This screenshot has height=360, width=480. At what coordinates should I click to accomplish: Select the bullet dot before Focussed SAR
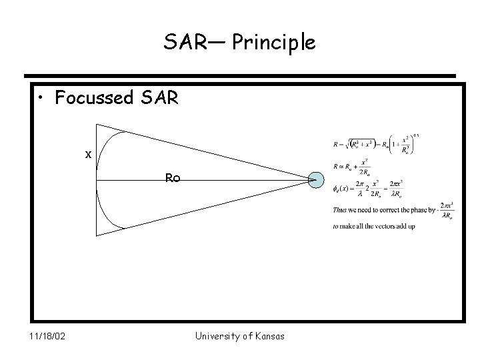[x=43, y=99]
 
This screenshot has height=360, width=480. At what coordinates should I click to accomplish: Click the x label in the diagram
[x=87, y=154]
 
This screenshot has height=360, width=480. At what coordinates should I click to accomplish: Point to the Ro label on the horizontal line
[x=173, y=178]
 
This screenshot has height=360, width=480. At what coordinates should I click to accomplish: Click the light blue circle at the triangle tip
[x=317, y=180]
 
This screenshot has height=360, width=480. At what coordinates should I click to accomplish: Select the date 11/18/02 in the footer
[x=47, y=336]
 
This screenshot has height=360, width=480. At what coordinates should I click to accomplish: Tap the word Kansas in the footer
[x=270, y=336]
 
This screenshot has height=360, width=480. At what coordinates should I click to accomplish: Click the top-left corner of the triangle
[x=97, y=125]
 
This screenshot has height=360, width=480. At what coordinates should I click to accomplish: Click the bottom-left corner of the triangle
[x=97, y=235]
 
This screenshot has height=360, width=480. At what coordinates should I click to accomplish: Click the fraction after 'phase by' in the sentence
[x=445, y=209]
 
